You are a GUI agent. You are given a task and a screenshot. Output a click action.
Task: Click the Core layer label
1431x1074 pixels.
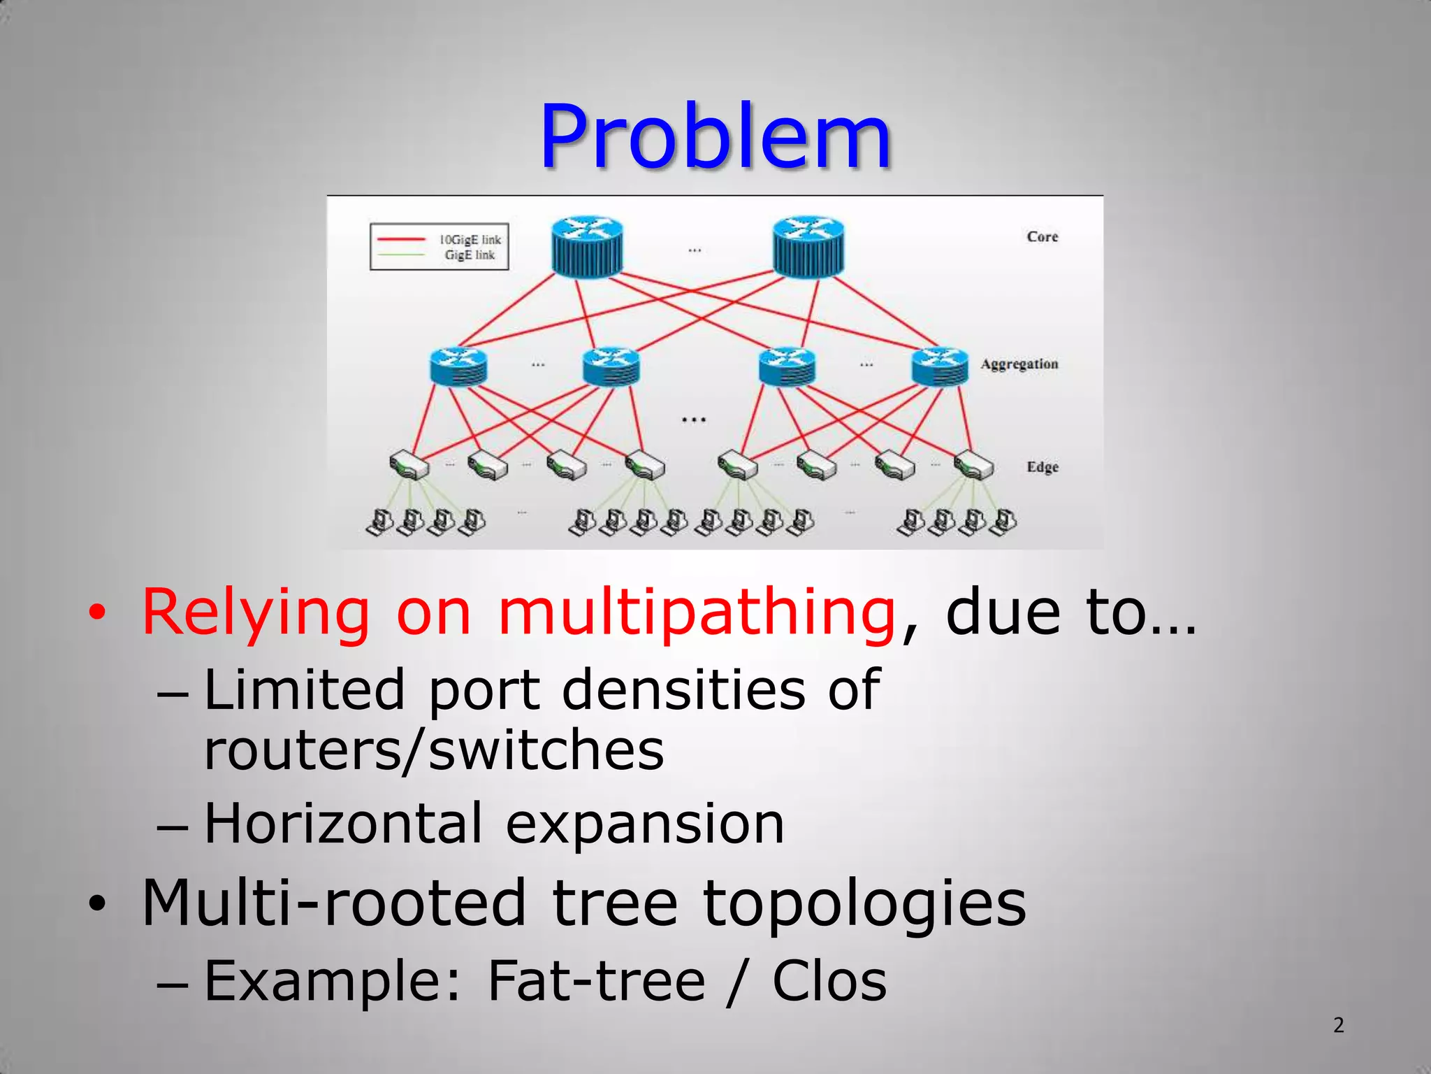click(x=1042, y=237)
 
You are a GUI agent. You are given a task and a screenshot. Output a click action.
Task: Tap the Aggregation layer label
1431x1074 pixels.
click(x=1019, y=364)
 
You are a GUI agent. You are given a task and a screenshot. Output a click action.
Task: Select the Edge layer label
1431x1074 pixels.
click(x=1042, y=467)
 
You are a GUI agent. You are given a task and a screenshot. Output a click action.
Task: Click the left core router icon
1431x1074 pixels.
click(x=587, y=246)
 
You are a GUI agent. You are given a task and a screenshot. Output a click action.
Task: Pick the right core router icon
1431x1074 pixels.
click(x=808, y=246)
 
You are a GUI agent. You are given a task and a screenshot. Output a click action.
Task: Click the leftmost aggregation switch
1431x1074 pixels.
click(x=458, y=367)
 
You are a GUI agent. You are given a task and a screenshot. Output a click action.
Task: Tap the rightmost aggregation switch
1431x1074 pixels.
click(x=940, y=367)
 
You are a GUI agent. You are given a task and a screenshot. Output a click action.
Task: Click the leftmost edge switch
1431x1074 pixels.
click(x=409, y=464)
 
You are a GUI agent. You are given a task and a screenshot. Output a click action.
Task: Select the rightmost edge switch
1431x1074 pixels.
click(x=974, y=464)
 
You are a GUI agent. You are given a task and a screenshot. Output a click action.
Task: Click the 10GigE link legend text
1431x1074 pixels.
click(x=470, y=240)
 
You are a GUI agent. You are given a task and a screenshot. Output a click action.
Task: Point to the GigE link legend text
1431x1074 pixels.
click(x=470, y=255)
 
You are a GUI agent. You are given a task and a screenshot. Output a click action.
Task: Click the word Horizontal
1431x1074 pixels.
click(x=343, y=823)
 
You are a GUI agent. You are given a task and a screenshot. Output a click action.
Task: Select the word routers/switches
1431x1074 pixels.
click(x=434, y=750)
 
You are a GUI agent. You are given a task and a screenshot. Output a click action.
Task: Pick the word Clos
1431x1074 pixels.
click(x=829, y=981)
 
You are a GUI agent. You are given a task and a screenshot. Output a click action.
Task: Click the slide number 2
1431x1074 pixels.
click(x=1338, y=1025)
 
